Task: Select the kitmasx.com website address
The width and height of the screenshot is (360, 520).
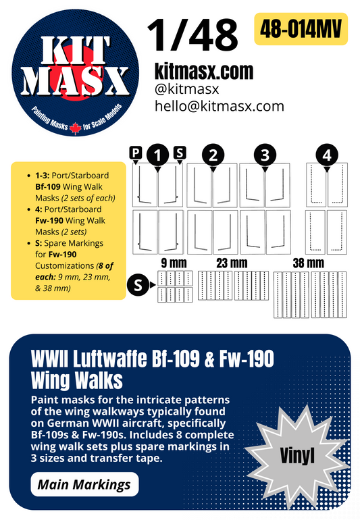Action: pyautogui.click(x=205, y=70)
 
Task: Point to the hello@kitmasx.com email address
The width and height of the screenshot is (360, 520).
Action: pyautogui.click(x=220, y=106)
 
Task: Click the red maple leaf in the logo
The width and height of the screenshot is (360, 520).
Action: pyautogui.click(x=75, y=127)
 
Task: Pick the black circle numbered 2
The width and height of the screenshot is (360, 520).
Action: pyautogui.click(x=213, y=156)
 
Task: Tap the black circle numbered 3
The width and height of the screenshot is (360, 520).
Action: pyautogui.click(x=265, y=156)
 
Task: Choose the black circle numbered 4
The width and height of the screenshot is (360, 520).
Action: pyautogui.click(x=328, y=156)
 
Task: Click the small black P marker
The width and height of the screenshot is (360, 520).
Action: pyautogui.click(x=136, y=154)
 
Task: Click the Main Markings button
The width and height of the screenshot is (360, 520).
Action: pyautogui.click(x=85, y=484)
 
